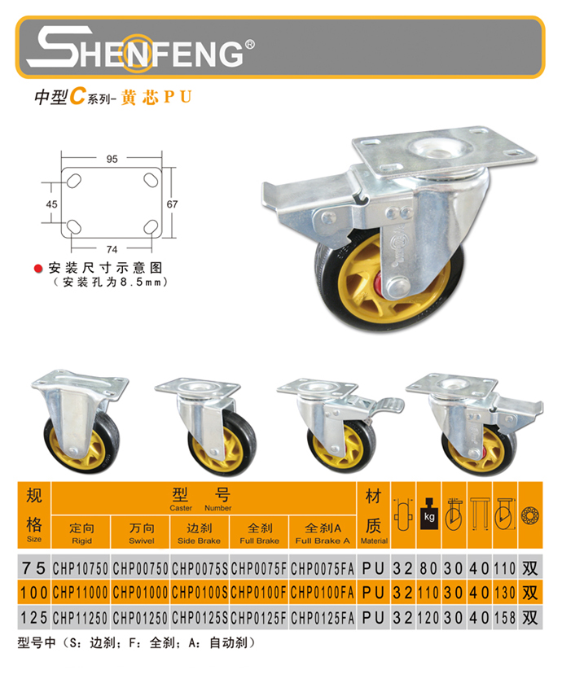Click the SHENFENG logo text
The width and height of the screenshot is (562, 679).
click(139, 48)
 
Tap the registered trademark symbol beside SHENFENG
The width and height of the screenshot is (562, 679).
click(249, 45)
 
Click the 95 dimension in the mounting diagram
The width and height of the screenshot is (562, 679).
click(112, 159)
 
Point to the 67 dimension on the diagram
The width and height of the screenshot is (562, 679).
click(172, 204)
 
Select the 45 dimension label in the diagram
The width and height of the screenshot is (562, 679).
click(51, 204)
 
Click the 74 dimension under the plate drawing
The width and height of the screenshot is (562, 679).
click(112, 249)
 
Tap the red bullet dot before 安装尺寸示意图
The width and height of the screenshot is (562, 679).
click(38, 269)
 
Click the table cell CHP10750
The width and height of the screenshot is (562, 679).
click(81, 568)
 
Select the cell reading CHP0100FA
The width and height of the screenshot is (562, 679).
click(323, 593)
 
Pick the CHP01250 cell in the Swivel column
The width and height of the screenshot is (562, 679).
click(140, 618)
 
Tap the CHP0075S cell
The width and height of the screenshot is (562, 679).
click(200, 568)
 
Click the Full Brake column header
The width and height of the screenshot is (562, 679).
click(260, 532)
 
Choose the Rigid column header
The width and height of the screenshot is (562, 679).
click(81, 532)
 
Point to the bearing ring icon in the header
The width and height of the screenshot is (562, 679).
click(530, 515)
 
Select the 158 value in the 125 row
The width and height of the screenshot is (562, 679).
click(505, 618)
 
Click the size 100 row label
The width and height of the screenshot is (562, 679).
click(33, 593)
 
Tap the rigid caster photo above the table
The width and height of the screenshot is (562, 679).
click(80, 421)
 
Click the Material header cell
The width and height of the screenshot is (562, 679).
click(374, 515)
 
